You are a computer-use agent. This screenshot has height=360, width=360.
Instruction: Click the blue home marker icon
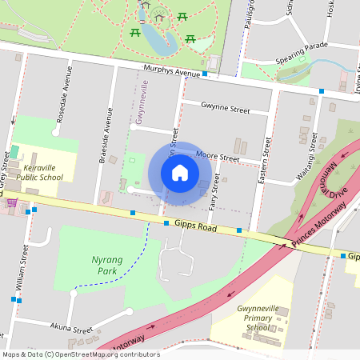pyautogui.click(x=180, y=173)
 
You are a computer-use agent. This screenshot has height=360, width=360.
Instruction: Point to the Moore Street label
pyautogui.click(x=218, y=158)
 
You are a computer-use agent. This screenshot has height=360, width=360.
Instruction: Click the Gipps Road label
pyautogui.click(x=196, y=227)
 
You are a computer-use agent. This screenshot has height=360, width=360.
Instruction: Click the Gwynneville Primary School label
pyautogui.click(x=258, y=317)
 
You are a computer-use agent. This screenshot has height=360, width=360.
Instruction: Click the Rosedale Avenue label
pyautogui.click(x=62, y=100)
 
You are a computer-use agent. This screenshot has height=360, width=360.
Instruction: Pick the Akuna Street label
pyautogui.click(x=71, y=329)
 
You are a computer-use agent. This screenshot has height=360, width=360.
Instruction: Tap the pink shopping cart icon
pyautogui.click(x=11, y=203)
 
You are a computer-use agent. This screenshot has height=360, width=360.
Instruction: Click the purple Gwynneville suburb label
pyautogui.click(x=143, y=104)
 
